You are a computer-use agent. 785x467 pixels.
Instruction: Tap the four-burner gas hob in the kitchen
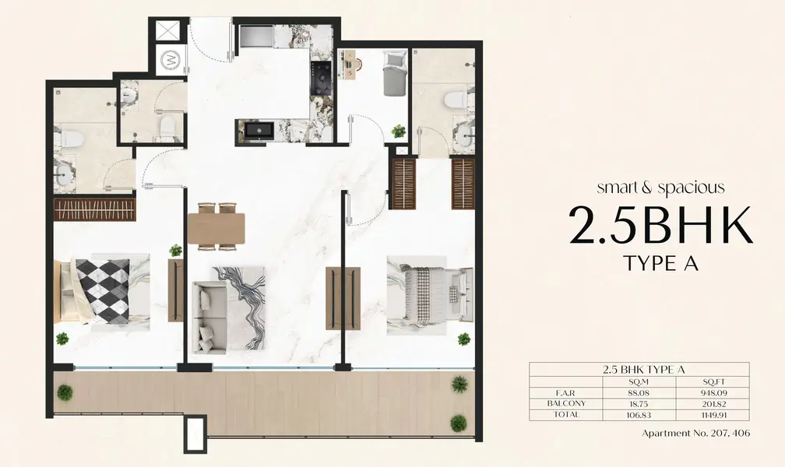click(x=320, y=78)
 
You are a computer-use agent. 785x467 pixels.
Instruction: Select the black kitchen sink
click(x=259, y=130)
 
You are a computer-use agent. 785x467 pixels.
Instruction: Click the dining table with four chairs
click(x=216, y=226)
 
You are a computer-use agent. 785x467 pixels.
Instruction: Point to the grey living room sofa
click(x=210, y=317)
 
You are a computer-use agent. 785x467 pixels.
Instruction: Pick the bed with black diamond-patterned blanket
click(x=103, y=290)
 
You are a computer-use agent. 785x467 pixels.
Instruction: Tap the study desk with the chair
click(x=351, y=66)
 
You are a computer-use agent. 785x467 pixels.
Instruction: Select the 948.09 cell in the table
click(x=713, y=393)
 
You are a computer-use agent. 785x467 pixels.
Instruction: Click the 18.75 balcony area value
click(x=639, y=404)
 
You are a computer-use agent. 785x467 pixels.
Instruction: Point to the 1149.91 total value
click(x=713, y=415)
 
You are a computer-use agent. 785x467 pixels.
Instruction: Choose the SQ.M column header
click(x=639, y=382)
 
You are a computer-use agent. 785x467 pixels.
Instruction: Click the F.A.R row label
click(x=566, y=393)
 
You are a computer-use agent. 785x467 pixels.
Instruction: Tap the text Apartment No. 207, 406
click(x=696, y=434)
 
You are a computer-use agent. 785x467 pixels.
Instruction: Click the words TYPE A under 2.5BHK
click(x=661, y=263)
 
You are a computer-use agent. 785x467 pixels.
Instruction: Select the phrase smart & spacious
click(x=660, y=188)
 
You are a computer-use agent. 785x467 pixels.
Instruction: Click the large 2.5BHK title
click(x=661, y=225)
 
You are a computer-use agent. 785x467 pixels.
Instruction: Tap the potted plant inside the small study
click(x=399, y=131)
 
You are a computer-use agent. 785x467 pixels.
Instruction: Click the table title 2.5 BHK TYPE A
click(x=644, y=370)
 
